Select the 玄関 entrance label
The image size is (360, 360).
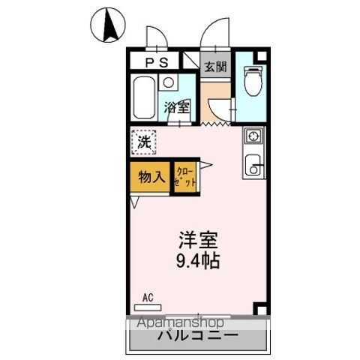tap(216, 66)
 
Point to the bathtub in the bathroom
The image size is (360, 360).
tap(143, 97)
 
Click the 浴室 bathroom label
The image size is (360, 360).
tap(176, 106)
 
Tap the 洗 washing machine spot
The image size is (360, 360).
tap(142, 141)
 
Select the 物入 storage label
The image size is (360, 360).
tap(151, 178)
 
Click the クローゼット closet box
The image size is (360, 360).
tap(186, 178)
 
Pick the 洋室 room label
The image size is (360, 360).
tap(198, 242)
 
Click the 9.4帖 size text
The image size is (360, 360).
tap(198, 263)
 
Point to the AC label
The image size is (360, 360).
tap(147, 297)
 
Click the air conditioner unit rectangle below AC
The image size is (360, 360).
tap(148, 306)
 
